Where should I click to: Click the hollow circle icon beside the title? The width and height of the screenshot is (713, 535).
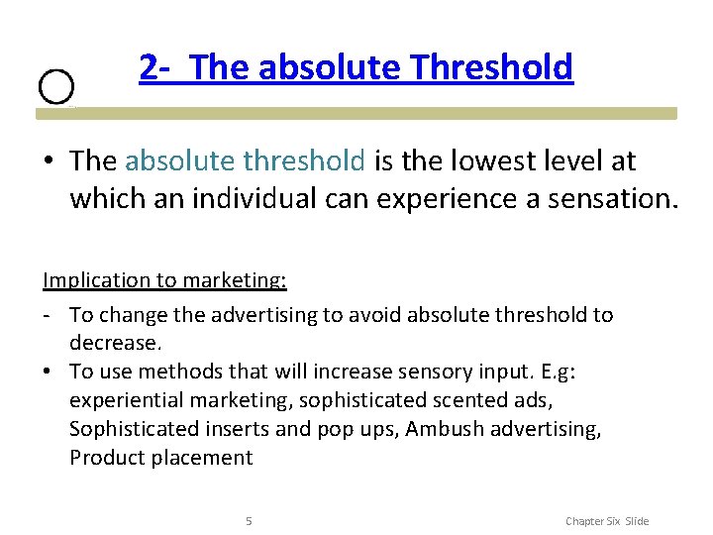click(x=56, y=87)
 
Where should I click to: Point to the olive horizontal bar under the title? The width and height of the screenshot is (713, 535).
click(x=356, y=114)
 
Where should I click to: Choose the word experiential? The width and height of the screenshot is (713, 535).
click(x=127, y=400)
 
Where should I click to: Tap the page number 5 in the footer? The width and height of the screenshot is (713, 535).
click(x=249, y=521)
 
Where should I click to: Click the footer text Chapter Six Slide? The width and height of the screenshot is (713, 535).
click(x=606, y=521)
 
